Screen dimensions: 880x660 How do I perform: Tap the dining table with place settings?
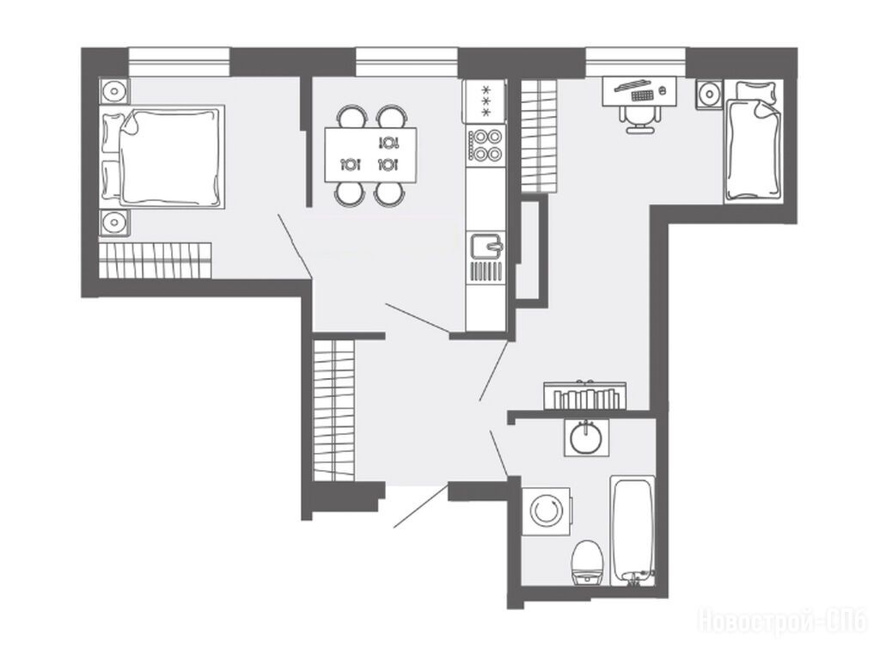tap(371, 155)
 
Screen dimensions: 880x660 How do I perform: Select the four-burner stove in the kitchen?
tap(486, 145)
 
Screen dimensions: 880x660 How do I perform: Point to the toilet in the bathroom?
tap(588, 562)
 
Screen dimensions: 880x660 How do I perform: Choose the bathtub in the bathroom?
tap(632, 531)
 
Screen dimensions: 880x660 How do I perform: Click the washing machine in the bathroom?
tap(546, 511)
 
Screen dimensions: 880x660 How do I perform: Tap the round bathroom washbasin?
tap(586, 438)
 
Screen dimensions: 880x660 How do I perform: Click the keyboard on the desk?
tap(642, 95)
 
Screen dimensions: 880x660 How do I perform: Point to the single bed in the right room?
tap(753, 140)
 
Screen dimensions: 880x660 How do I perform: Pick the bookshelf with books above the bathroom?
tap(584, 396)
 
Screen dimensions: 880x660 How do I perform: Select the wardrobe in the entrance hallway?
tap(334, 410)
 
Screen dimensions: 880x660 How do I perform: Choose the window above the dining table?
tap(406, 62)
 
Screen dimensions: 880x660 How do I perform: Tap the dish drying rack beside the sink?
tap(486, 272)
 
